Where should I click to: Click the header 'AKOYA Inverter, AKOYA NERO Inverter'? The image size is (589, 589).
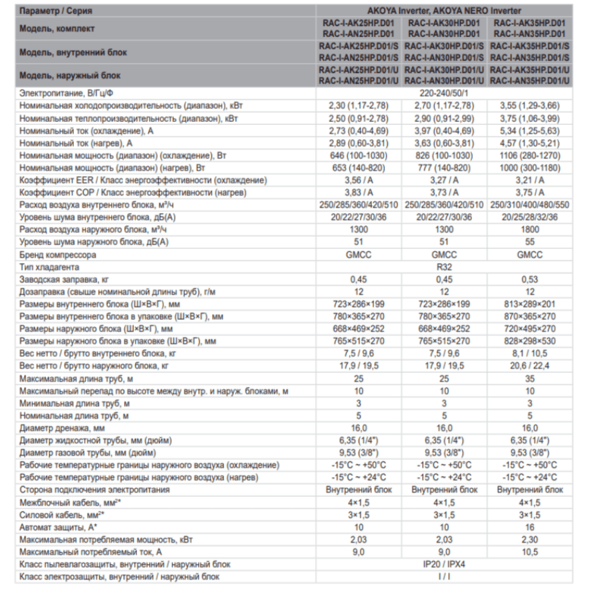pyautogui.click(x=444, y=11)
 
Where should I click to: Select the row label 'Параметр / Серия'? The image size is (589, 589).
pyautogui.click(x=55, y=11)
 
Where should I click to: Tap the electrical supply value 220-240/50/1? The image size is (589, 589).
pyautogui.click(x=444, y=93)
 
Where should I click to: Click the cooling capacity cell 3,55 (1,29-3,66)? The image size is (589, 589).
pyautogui.click(x=530, y=106)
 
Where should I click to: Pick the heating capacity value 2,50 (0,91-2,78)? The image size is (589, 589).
pyautogui.click(x=359, y=118)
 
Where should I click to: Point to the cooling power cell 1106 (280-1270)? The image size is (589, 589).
pyautogui.click(x=530, y=155)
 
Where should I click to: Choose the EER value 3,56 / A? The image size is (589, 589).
pyautogui.click(x=359, y=180)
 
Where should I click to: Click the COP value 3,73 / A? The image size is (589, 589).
pyautogui.click(x=444, y=193)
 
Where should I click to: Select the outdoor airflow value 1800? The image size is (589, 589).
pyautogui.click(x=530, y=230)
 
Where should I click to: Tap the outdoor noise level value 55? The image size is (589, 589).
pyautogui.click(x=530, y=242)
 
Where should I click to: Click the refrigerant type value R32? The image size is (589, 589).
pyautogui.click(x=444, y=267)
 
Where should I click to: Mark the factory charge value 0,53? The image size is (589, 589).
pyautogui.click(x=530, y=279)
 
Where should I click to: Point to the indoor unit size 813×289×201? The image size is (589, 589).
pyautogui.click(x=530, y=304)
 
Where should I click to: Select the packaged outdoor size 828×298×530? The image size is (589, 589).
pyautogui.click(x=530, y=341)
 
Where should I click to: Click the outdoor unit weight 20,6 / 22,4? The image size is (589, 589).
pyautogui.click(x=530, y=366)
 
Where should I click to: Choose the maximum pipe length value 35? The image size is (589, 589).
pyautogui.click(x=530, y=378)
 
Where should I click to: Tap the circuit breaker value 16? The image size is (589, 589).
pyautogui.click(x=530, y=527)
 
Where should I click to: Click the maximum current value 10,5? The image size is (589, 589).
pyautogui.click(x=530, y=552)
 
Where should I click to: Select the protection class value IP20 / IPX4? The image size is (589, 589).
pyautogui.click(x=444, y=564)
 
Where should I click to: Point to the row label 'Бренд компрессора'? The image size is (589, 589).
pyautogui.click(x=58, y=254)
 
